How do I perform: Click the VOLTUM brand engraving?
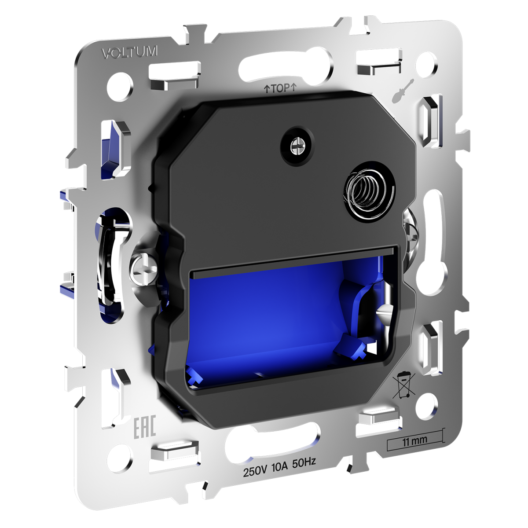pos(129,52)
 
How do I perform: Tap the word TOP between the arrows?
pos(280,88)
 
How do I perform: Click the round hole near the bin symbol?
pos(425,401)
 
